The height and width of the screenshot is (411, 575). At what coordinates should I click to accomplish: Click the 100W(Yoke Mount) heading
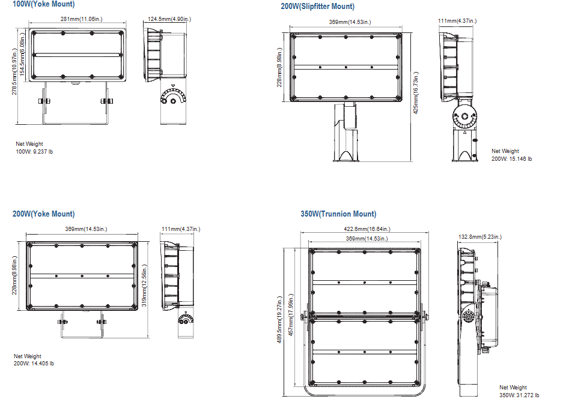click(x=43, y=4)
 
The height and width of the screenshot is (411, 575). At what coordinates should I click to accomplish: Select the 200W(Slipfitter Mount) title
click(x=317, y=7)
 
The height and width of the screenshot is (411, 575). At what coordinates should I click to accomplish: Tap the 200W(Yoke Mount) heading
click(x=43, y=214)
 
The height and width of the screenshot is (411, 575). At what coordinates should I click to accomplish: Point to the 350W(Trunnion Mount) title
click(x=338, y=214)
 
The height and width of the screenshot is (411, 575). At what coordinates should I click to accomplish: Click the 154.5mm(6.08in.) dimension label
click(x=23, y=57)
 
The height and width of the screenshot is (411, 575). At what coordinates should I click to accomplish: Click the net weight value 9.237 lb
click(x=34, y=152)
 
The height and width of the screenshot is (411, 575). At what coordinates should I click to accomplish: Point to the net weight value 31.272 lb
click(x=519, y=395)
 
